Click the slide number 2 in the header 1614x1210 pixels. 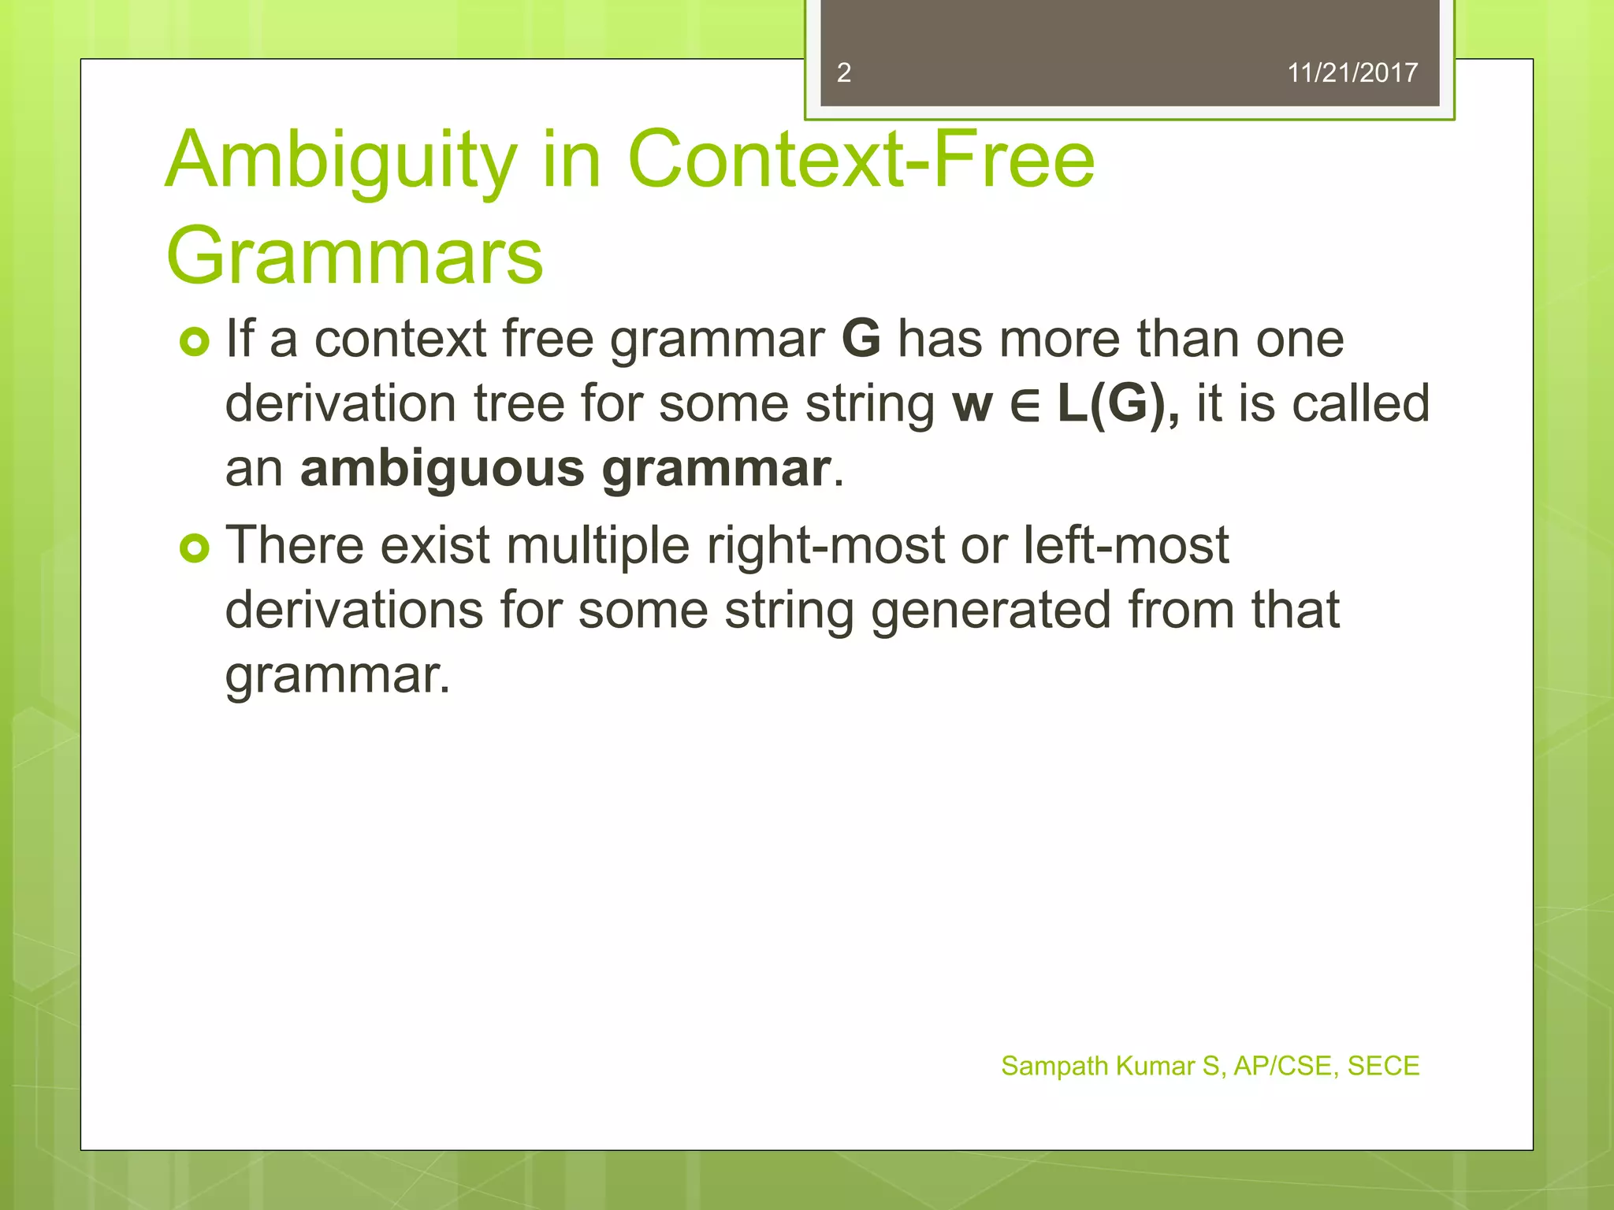(843, 72)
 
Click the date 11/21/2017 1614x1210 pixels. (1352, 72)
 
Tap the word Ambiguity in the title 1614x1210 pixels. (340, 161)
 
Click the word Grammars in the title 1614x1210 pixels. (355, 256)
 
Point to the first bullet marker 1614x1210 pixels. (195, 342)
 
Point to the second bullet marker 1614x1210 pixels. (195, 548)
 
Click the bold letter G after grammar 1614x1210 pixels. (861, 339)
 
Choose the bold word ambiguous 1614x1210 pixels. (442, 469)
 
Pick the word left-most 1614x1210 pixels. (1125, 545)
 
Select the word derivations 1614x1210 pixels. (354, 611)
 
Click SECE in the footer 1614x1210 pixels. (1382, 1066)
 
